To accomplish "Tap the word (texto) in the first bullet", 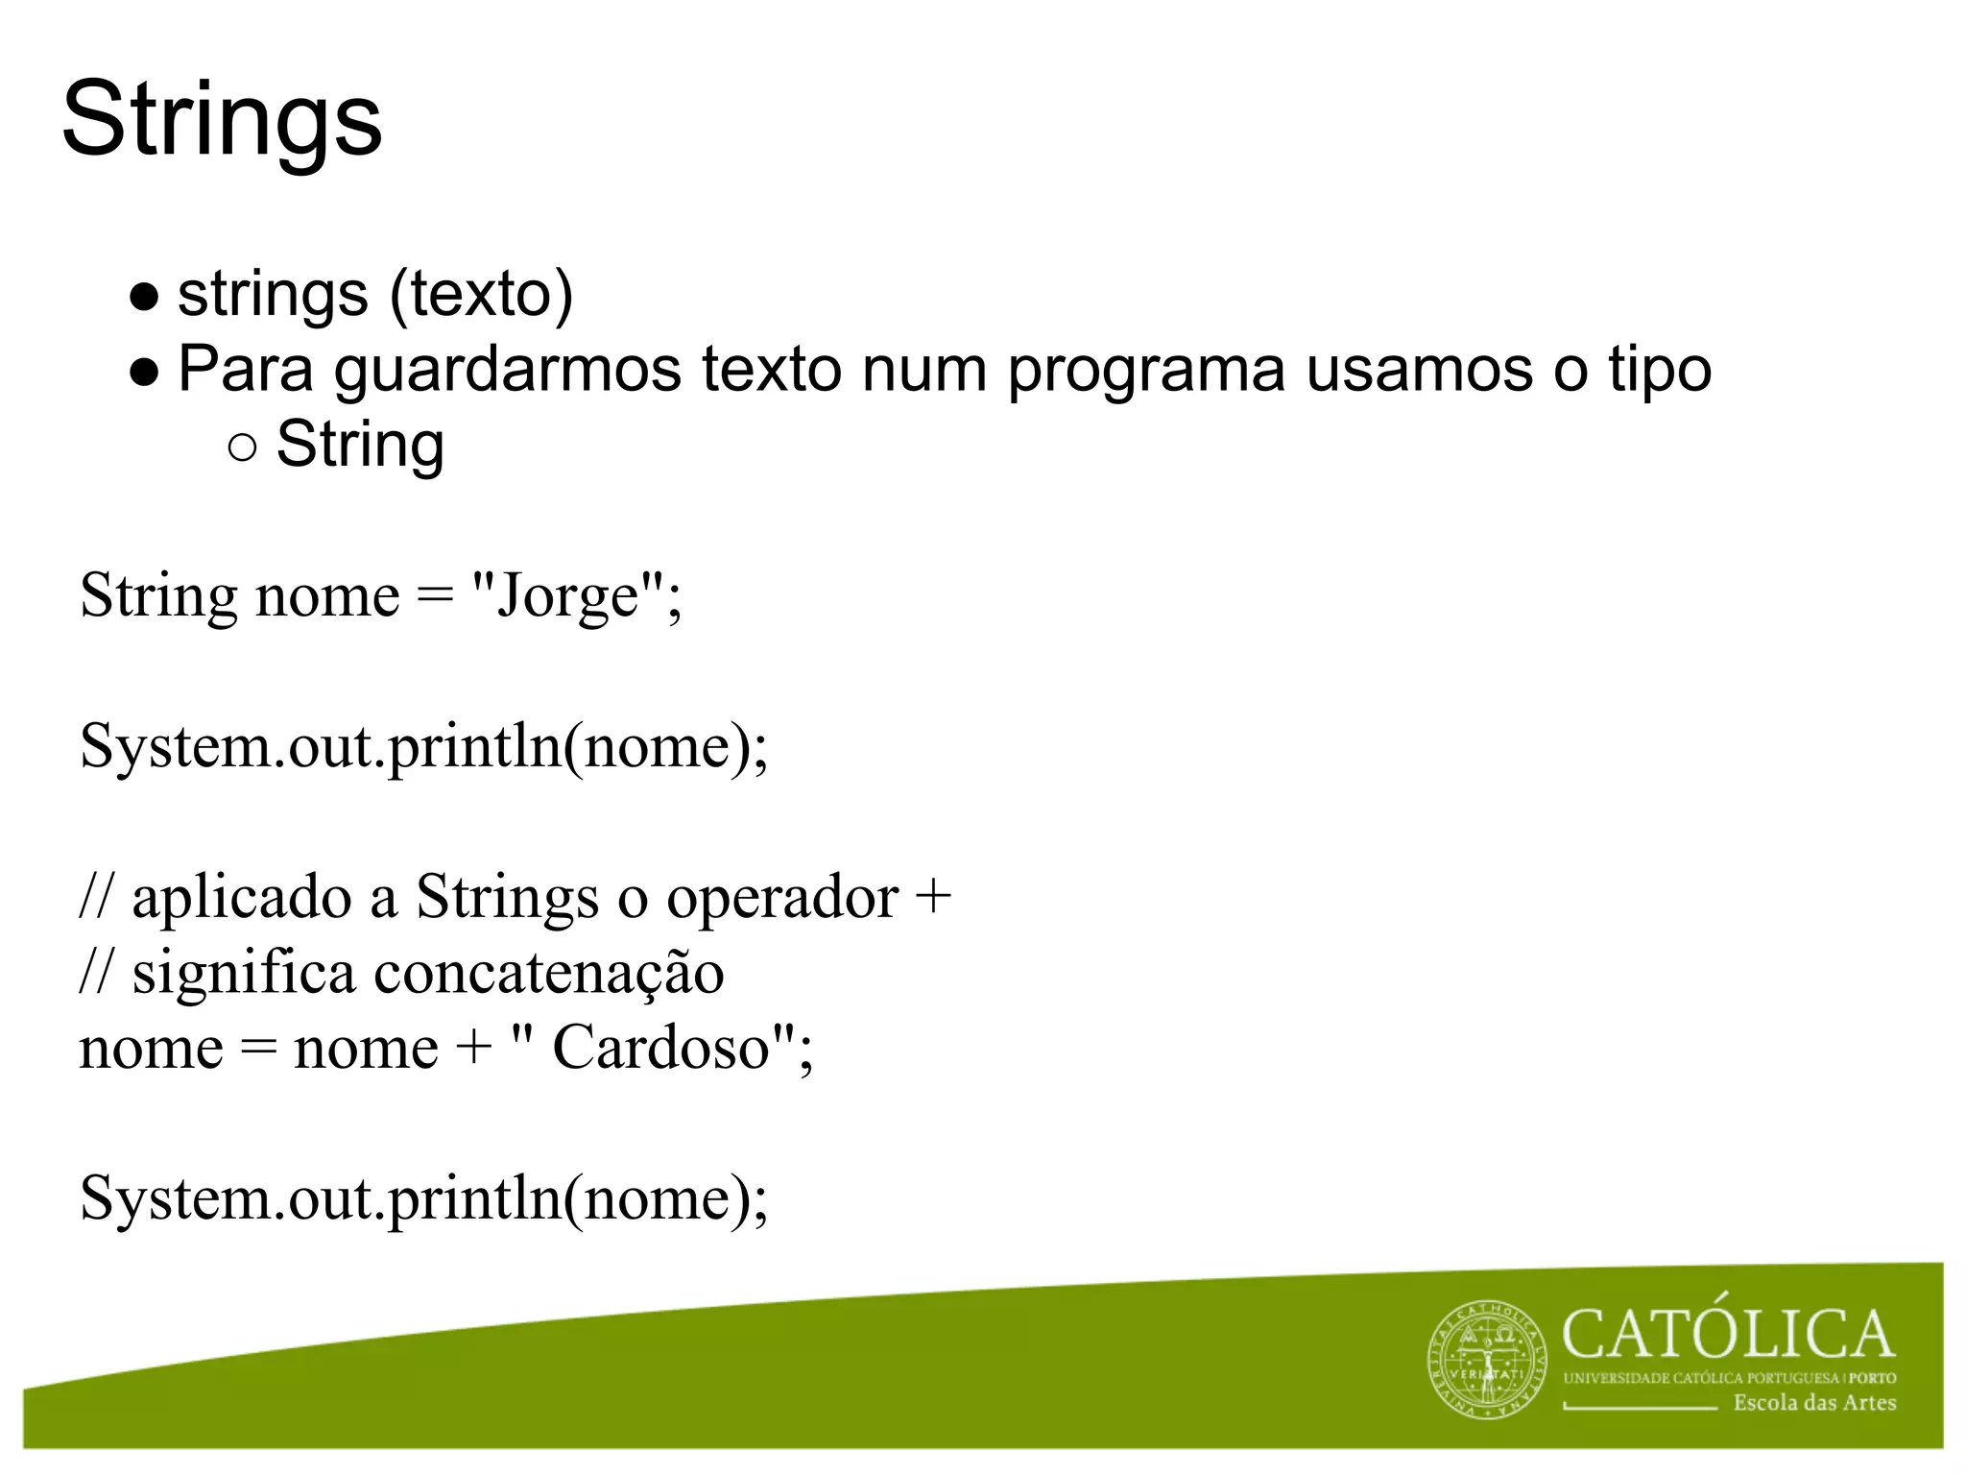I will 481,294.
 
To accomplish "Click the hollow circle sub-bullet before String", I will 244,447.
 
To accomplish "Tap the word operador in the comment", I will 782,898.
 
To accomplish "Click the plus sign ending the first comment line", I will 933,899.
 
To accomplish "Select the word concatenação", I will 548,973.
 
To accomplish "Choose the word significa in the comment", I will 244,973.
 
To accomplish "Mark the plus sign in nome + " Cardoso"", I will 473,1049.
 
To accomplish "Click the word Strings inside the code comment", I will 507,898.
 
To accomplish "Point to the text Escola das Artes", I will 1814,1403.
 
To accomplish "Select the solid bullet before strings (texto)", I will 144,298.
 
